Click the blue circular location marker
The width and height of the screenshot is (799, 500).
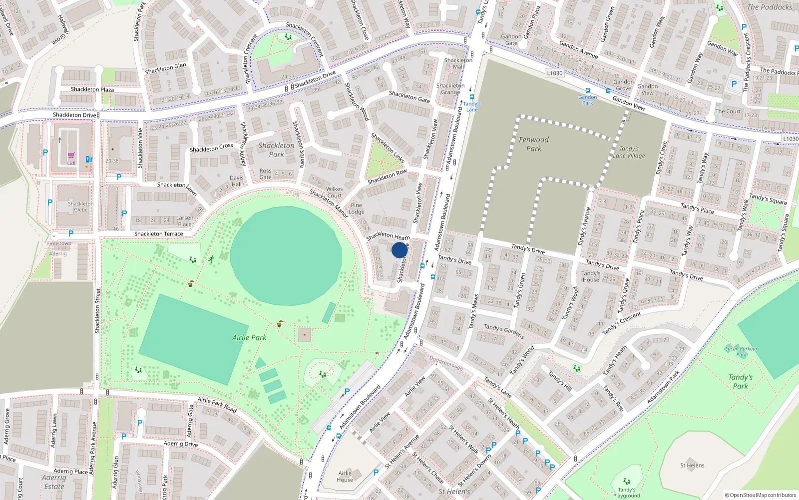pos(399,250)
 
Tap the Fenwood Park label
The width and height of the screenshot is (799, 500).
pos(533,144)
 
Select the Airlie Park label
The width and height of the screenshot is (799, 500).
pos(249,337)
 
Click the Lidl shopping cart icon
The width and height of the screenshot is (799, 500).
pos(71,155)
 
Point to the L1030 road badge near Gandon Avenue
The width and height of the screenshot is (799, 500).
pos(554,73)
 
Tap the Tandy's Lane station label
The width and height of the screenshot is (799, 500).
pos(471,106)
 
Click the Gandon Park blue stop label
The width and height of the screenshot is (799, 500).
pos(587,100)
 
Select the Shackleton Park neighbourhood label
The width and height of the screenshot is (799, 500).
pos(276,149)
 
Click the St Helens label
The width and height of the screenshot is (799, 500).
pos(692,465)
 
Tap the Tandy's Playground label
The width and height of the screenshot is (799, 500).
pos(626,492)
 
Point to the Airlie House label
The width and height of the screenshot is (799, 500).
pos(345,476)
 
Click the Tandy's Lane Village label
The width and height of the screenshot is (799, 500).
pos(629,152)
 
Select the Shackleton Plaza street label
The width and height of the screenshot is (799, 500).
pos(92,89)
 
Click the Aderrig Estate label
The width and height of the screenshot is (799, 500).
pos(54,482)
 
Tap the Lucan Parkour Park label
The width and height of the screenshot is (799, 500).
pos(741,351)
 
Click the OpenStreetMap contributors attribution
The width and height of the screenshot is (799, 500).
pos(760,495)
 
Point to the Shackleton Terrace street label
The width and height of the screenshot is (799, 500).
pos(158,233)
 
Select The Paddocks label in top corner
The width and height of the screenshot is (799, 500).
pos(769,7)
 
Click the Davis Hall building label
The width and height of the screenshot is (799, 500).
pos(236,181)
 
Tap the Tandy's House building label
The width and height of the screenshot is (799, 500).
pos(591,276)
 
